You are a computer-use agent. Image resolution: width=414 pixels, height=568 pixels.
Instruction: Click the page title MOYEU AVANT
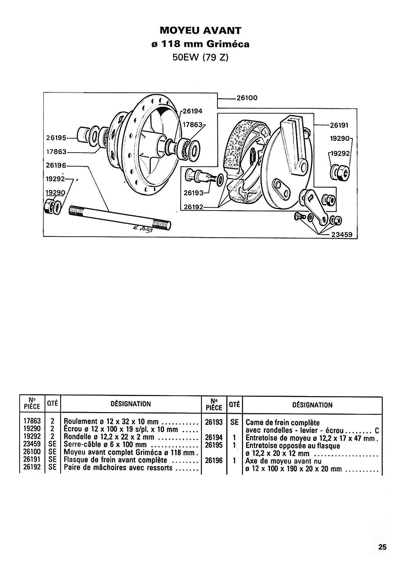[x=200, y=31]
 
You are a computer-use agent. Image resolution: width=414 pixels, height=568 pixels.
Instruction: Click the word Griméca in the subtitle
[x=228, y=44]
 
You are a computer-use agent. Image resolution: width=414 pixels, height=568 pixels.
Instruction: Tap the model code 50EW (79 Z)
[x=200, y=58]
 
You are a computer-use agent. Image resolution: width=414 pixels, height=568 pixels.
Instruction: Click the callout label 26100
[x=247, y=98]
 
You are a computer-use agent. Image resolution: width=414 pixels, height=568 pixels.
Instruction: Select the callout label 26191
[x=339, y=125]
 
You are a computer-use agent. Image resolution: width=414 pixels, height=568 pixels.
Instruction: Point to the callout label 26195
[x=56, y=138]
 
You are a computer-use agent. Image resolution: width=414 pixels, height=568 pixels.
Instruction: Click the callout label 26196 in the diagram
[x=56, y=165]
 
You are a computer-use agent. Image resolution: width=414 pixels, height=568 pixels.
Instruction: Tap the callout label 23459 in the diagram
[x=342, y=234]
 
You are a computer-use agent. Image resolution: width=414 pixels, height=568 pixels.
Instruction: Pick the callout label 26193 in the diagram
[x=194, y=193]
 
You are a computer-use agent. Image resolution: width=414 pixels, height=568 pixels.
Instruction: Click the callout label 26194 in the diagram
[x=193, y=111]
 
